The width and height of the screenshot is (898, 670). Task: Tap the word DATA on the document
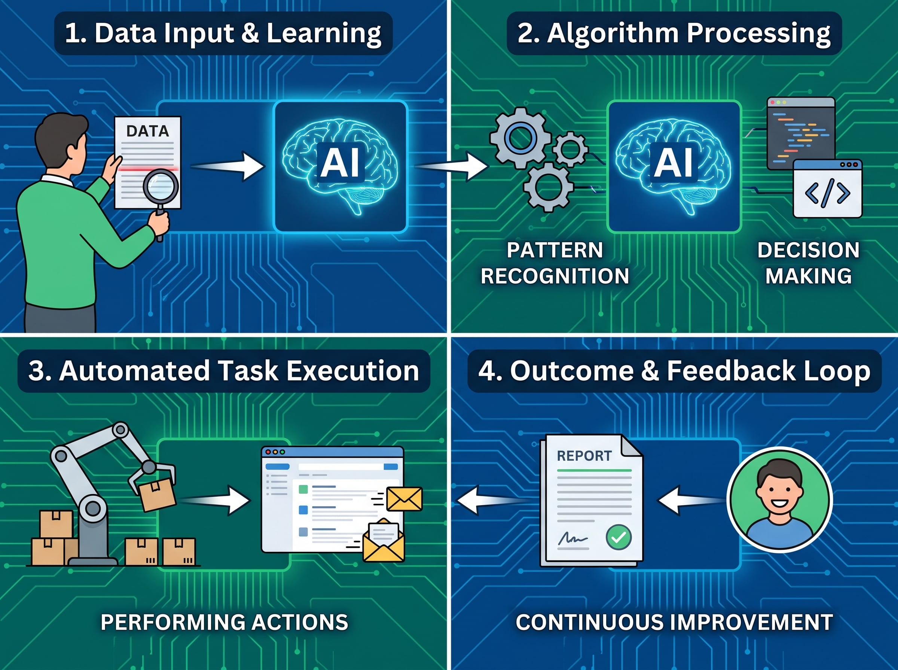(x=148, y=131)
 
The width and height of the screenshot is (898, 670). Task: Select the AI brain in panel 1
(x=340, y=166)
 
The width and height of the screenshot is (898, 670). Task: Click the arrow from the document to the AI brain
(x=227, y=166)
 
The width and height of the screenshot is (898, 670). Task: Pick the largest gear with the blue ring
(x=520, y=138)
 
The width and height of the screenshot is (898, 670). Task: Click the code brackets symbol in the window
(x=827, y=193)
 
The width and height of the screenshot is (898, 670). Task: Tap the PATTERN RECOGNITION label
(x=555, y=263)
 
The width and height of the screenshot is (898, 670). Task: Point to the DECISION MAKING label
(x=808, y=263)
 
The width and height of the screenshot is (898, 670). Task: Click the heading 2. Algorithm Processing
(x=674, y=33)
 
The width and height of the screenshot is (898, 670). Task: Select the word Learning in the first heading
(x=324, y=33)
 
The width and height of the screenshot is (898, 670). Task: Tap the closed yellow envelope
(x=404, y=499)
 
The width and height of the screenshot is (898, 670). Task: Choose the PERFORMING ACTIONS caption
(x=224, y=622)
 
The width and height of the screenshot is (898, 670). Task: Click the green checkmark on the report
(x=618, y=537)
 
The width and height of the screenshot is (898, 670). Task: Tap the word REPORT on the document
(x=584, y=456)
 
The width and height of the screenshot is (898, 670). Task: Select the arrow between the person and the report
(x=691, y=501)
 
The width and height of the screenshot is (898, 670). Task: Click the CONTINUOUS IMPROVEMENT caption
(x=674, y=622)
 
